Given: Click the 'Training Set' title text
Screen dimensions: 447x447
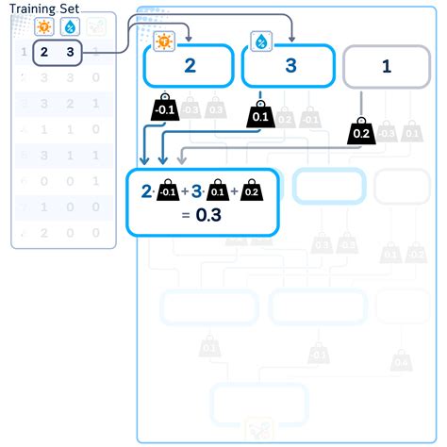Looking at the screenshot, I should [x=44, y=8].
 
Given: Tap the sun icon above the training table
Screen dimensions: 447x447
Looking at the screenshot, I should [x=43, y=28].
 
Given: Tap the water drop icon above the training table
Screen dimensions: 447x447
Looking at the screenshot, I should [x=70, y=28].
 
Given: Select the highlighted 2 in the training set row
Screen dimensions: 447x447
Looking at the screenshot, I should [x=44, y=54].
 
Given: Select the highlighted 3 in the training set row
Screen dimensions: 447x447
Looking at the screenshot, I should [x=70, y=54].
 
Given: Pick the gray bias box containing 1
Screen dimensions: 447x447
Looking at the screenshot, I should [x=385, y=66].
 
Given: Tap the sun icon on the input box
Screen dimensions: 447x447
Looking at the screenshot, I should [x=164, y=41].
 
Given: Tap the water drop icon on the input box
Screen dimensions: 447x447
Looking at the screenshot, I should [x=260, y=41].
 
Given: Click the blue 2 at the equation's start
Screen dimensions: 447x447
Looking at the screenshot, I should [x=146, y=192].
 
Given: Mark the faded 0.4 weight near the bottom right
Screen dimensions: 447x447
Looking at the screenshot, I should [x=402, y=360].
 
